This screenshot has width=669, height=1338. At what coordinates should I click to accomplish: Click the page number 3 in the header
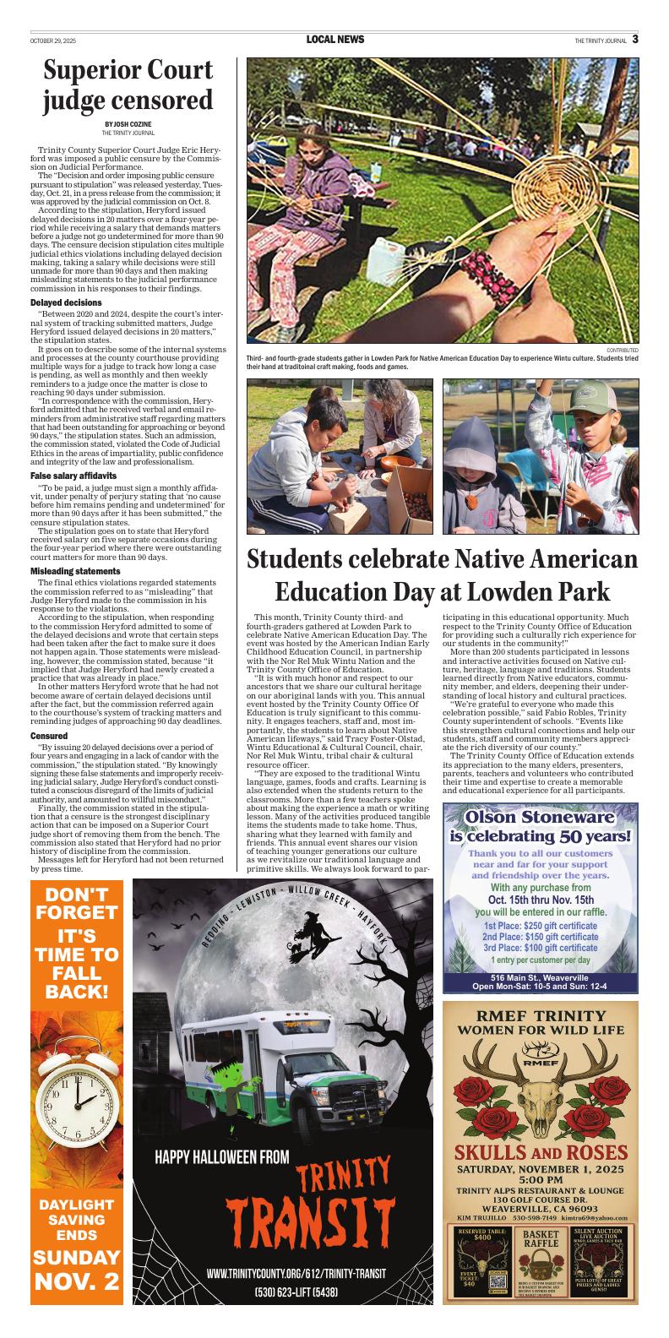click(x=634, y=39)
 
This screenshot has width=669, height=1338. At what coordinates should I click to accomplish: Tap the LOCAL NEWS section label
click(x=335, y=40)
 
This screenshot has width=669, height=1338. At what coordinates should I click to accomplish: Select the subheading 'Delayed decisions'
click(x=66, y=302)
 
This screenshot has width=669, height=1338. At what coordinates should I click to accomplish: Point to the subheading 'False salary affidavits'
click(x=75, y=476)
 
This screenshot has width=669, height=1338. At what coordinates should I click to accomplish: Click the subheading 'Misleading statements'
click(x=75, y=572)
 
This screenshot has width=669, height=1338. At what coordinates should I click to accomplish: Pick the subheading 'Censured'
click(x=49, y=737)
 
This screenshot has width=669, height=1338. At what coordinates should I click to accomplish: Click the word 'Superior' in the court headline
click(x=96, y=71)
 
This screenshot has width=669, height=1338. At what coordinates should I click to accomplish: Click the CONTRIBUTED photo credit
click(x=623, y=350)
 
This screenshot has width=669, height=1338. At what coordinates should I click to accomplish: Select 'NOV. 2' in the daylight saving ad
click(x=76, y=1281)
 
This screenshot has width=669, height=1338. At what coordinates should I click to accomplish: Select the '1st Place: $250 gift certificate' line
click(x=541, y=926)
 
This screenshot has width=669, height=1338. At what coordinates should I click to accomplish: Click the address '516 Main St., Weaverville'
click(x=540, y=977)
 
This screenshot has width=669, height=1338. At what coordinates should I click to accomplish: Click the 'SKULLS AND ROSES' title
click(x=541, y=1153)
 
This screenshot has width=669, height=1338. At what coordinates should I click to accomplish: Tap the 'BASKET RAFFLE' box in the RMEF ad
click(x=541, y=1239)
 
